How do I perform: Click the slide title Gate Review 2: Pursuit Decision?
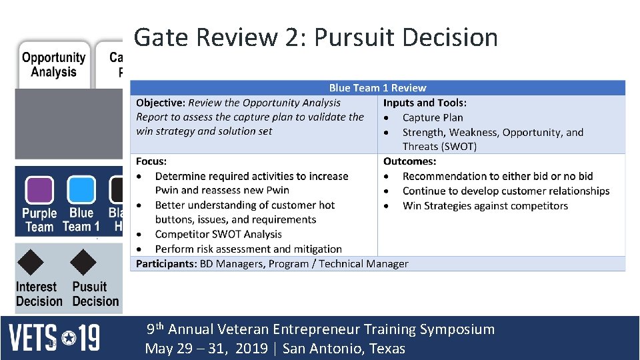point(315,38)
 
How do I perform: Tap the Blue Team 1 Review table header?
point(377,88)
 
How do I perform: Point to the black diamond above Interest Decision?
point(31,262)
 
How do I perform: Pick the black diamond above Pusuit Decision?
point(83,262)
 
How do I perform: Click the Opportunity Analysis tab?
point(53,65)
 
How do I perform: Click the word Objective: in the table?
point(161,103)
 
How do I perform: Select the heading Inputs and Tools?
point(425,103)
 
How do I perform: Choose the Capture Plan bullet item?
point(432,117)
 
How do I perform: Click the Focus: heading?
point(151,161)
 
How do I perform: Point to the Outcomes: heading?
point(409,161)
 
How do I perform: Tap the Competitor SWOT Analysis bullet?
point(218,234)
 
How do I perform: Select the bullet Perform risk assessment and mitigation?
point(248,249)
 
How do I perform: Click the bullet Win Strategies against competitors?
point(485,205)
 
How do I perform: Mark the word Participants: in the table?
point(166,263)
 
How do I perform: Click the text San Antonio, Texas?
point(343,349)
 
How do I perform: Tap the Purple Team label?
point(39,220)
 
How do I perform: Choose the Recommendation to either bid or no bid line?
point(497,176)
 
